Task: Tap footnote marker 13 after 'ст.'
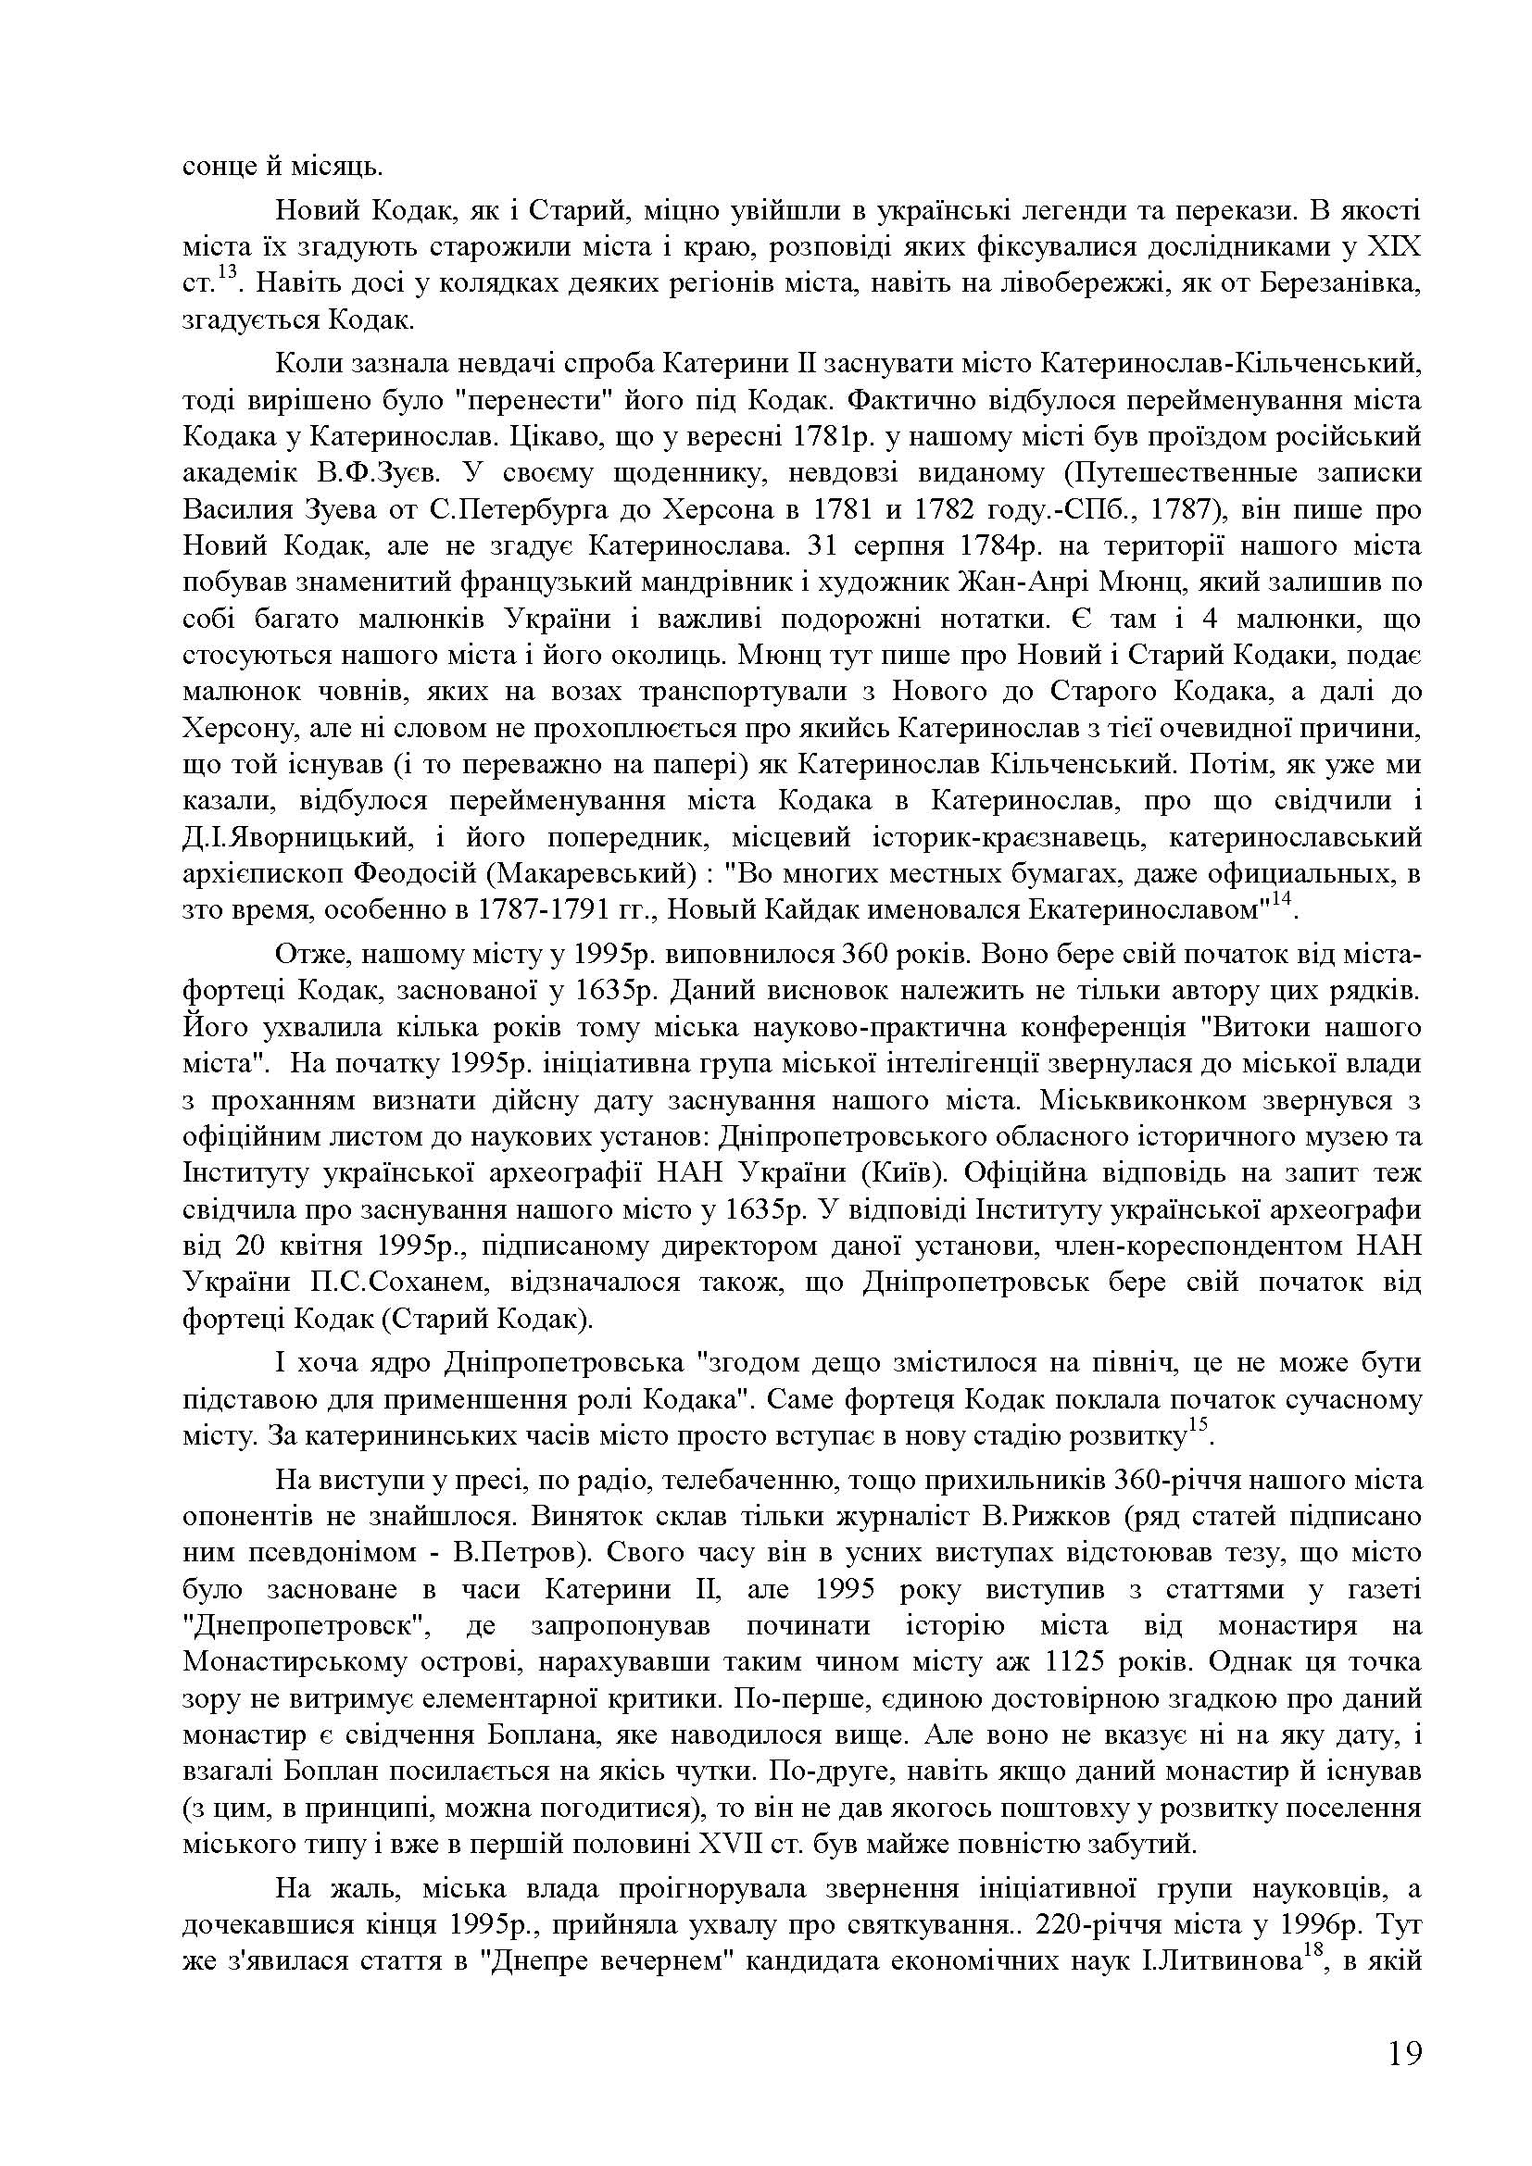228,274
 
